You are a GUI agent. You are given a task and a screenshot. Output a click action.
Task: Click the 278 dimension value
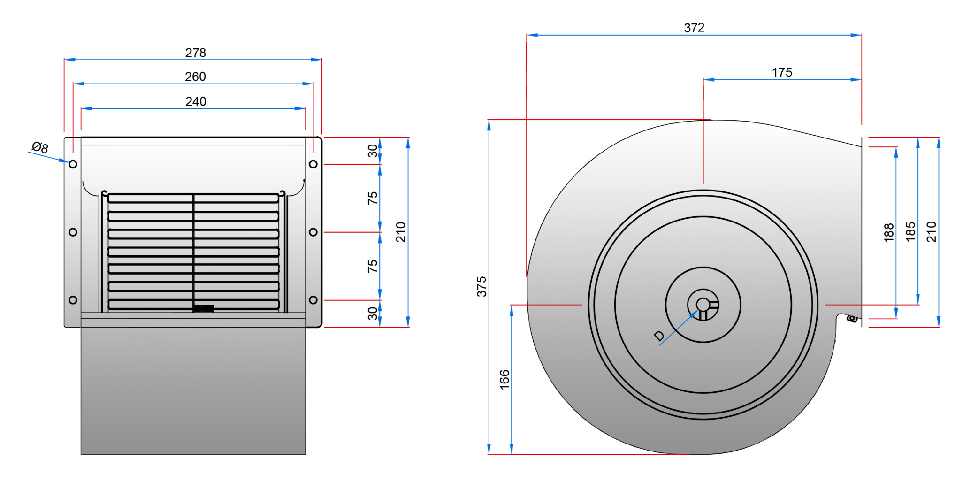click(195, 53)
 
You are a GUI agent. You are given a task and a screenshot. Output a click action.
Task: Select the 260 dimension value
click(195, 77)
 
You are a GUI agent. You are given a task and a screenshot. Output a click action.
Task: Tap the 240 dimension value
click(196, 101)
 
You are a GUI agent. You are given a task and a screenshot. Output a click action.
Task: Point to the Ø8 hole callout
click(40, 147)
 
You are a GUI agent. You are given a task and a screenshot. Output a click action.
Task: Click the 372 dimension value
click(694, 28)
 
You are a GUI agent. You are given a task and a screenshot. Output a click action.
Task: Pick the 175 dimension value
click(782, 72)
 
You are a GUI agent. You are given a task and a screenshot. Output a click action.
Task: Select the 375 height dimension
click(481, 286)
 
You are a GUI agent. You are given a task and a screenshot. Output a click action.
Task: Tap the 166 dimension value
click(504, 379)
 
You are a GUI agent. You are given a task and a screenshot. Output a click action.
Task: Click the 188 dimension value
click(888, 233)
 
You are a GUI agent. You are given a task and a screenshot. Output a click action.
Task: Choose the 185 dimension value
click(910, 232)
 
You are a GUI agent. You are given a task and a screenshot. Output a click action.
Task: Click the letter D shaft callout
click(659, 336)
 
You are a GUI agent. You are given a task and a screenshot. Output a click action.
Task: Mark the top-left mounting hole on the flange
click(73, 164)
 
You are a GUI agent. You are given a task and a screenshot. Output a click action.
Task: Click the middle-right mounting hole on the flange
click(313, 232)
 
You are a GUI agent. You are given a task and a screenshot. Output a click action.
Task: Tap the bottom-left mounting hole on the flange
click(73, 300)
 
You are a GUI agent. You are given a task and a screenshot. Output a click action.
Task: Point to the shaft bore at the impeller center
click(703, 305)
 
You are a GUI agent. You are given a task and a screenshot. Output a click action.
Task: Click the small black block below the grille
click(203, 308)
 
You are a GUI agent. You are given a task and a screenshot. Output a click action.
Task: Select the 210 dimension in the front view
click(400, 232)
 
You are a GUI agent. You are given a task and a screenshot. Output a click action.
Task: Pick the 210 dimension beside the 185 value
click(931, 232)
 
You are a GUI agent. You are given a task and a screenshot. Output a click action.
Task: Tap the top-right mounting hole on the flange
click(313, 164)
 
